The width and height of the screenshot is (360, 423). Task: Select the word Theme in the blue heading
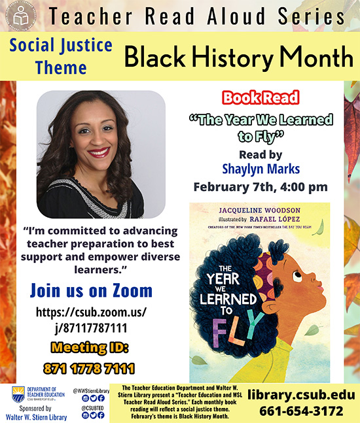[61, 67]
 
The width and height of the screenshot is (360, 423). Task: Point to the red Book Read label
[260, 98]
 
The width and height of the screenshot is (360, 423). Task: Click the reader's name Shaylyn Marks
[260, 169]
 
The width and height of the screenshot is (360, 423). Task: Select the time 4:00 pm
[298, 188]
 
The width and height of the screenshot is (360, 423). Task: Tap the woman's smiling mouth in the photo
[99, 152]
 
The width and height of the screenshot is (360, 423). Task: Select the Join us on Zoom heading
[91, 290]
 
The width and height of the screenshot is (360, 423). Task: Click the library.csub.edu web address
[307, 395]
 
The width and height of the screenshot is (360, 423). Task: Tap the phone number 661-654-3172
[300, 411]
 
